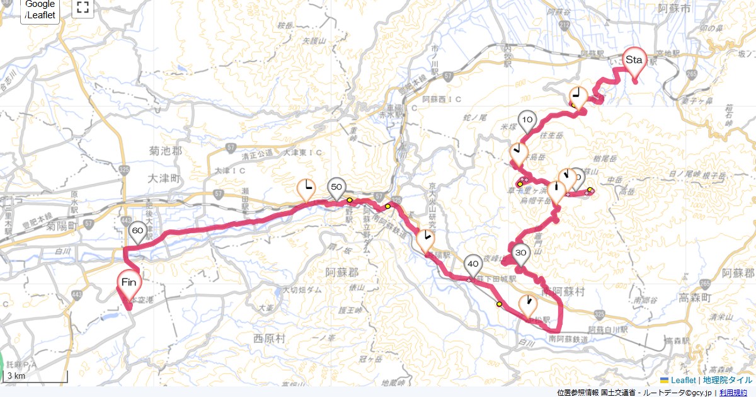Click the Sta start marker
coord(634,60)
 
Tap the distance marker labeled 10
coord(527,120)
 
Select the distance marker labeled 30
coord(520,253)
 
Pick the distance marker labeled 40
coord(473,264)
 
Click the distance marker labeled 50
coord(336,187)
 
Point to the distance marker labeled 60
coord(138,231)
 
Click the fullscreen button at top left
coord(82,8)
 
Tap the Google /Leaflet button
coord(40,10)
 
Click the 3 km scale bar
coord(35,376)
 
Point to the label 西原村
coord(269,338)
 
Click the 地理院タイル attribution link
coord(727,380)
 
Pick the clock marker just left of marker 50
coord(306,188)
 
